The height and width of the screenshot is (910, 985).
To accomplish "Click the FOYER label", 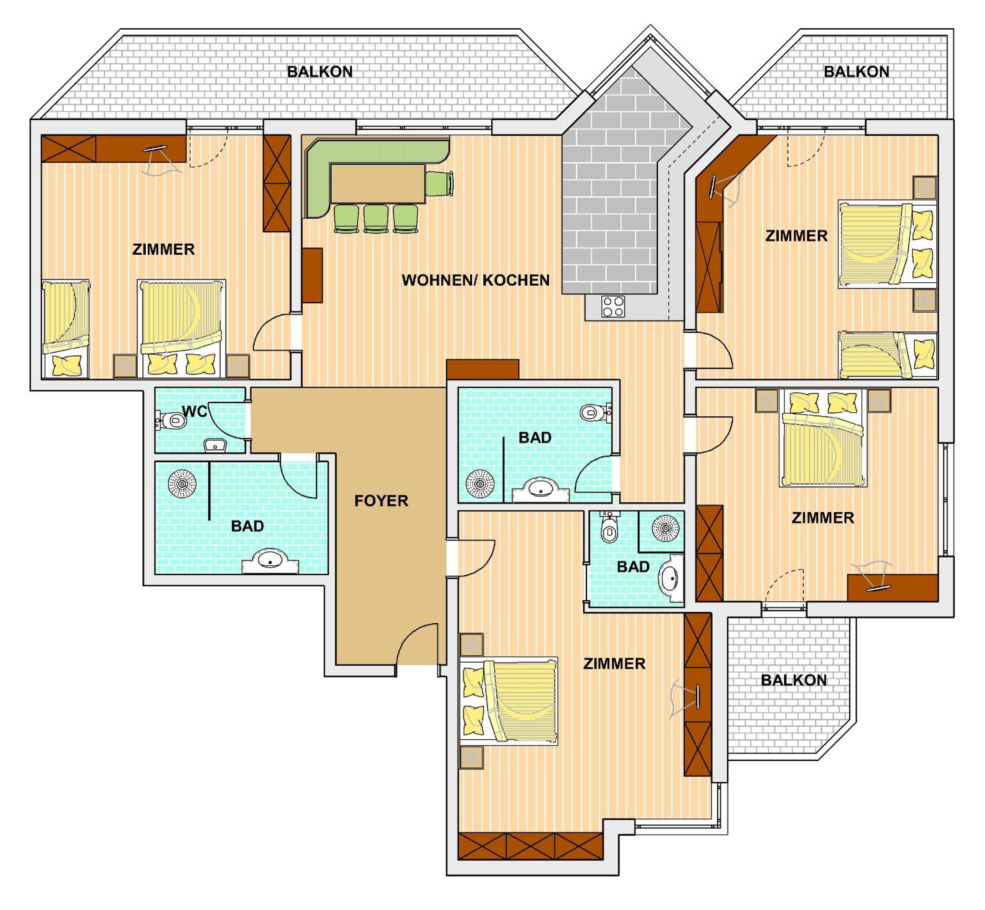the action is [x=381, y=501].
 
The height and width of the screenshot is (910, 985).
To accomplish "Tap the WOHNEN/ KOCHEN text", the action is [x=475, y=280].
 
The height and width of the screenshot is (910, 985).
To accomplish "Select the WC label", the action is [x=194, y=411].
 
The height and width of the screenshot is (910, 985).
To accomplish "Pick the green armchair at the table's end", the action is [x=439, y=184].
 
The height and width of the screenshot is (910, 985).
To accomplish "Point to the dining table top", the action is [x=378, y=184].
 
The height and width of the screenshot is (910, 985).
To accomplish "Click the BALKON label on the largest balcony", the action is [x=320, y=72].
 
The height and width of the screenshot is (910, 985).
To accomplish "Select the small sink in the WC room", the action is [x=215, y=446].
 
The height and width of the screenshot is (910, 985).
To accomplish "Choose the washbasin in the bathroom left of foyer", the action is [x=270, y=561].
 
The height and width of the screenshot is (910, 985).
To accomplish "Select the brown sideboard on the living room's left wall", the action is [x=312, y=275].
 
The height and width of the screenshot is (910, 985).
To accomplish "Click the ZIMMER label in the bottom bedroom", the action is [x=614, y=663].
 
